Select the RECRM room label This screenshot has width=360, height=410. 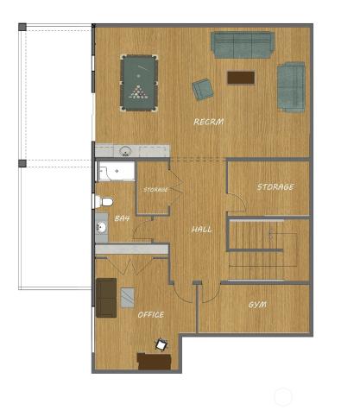point(208,123)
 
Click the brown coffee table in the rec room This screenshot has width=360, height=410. point(240,78)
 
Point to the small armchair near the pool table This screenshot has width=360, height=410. point(203,89)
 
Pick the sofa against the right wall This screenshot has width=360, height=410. point(291,86)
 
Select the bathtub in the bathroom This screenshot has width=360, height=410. point(114,173)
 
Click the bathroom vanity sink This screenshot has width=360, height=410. point(102,229)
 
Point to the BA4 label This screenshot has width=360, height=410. point(123,219)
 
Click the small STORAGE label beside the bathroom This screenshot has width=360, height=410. point(155,189)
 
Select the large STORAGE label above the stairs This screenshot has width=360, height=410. point(275,186)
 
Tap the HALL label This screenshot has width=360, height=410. point(202,229)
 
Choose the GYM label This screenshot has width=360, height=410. point(257,305)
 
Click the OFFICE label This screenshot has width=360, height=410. point(151,314)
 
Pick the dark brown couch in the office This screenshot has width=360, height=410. point(105,297)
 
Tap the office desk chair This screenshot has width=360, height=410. point(161,344)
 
